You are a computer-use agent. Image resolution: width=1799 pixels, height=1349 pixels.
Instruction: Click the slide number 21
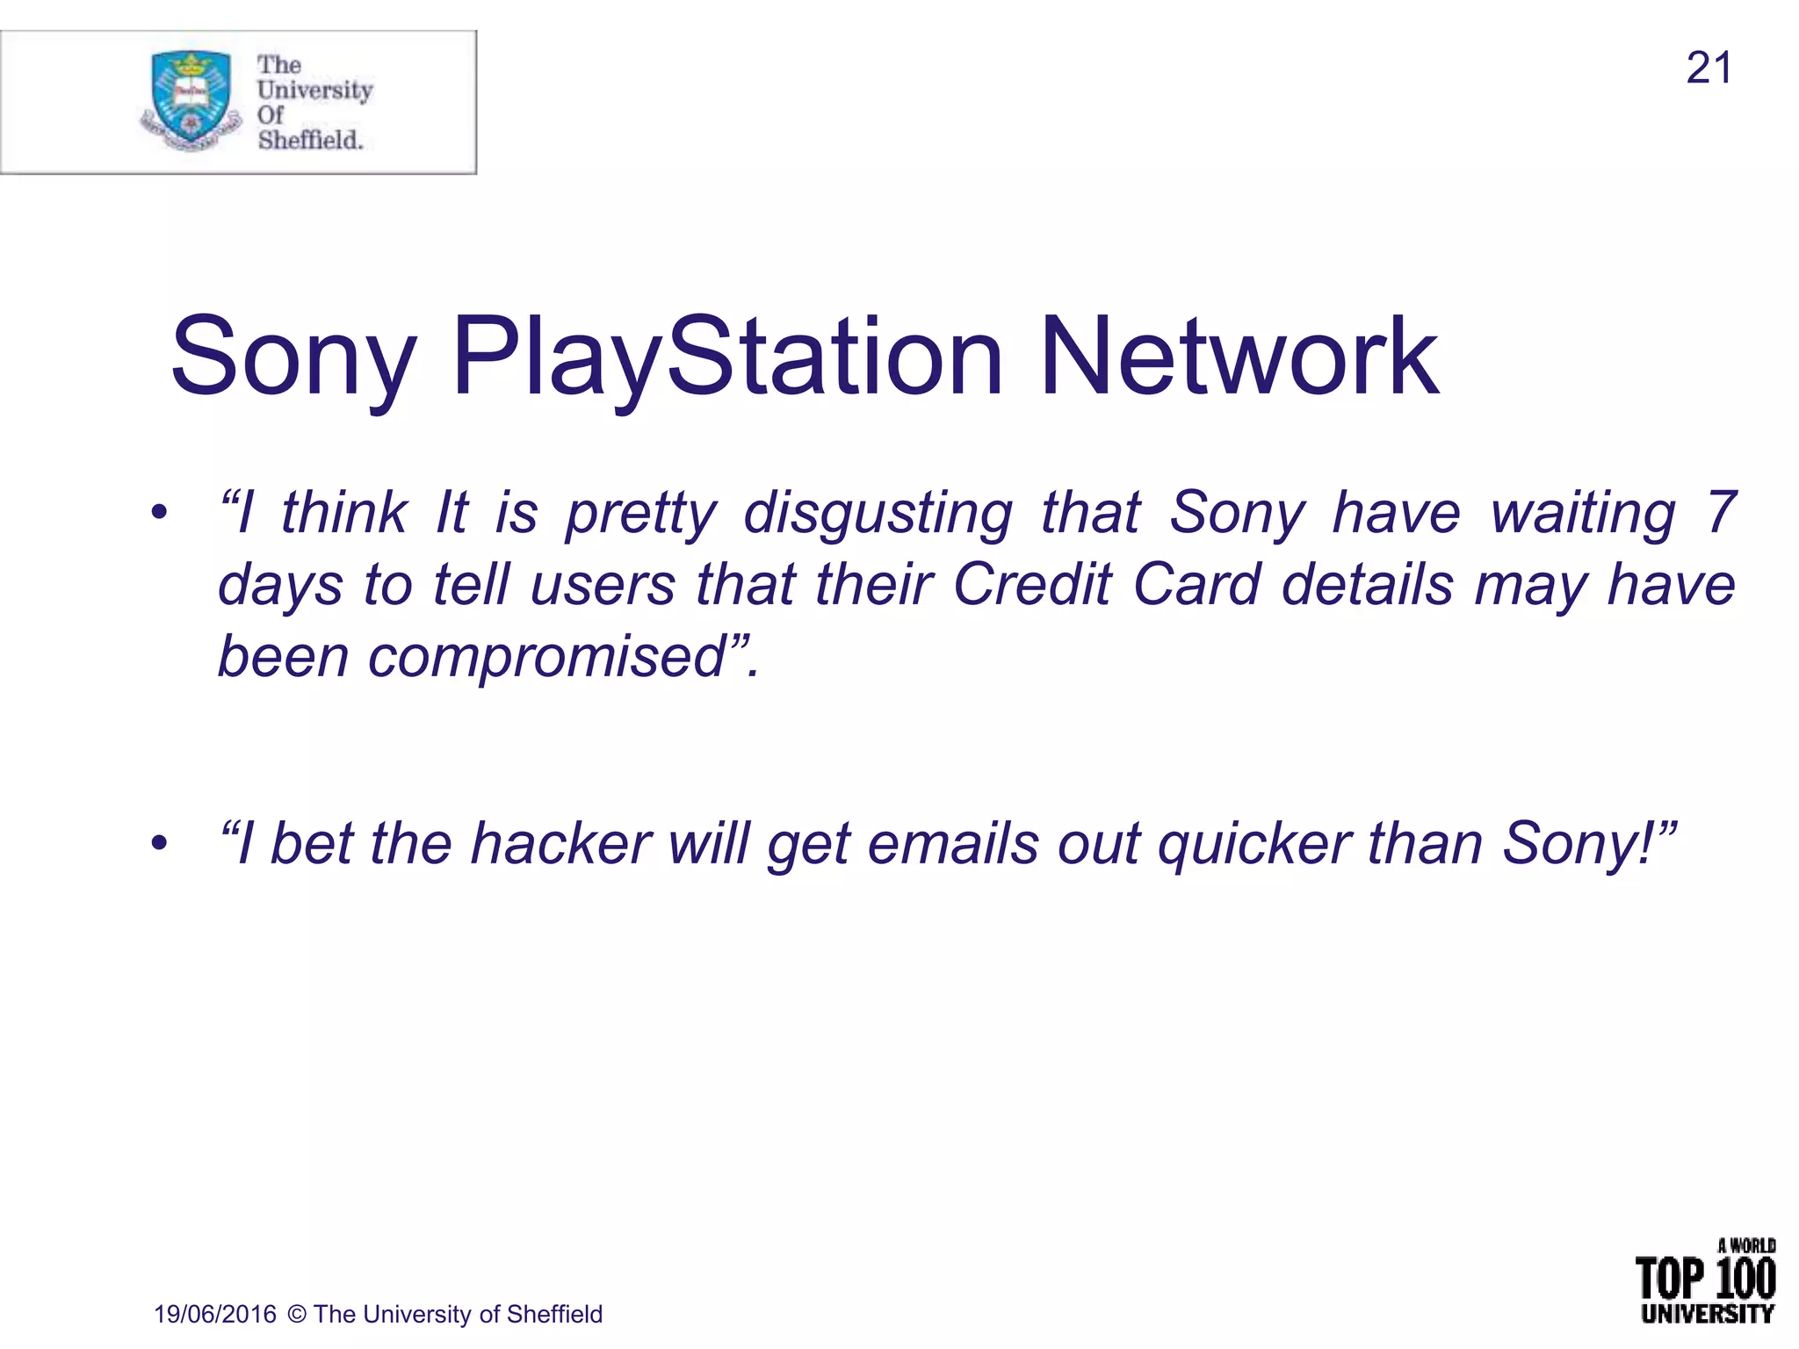(x=1709, y=69)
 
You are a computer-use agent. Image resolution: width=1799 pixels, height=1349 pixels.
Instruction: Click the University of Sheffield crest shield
(x=191, y=98)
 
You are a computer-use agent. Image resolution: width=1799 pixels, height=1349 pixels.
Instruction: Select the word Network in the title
(x=1239, y=358)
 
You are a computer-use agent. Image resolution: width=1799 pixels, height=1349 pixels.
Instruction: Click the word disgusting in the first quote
(x=878, y=513)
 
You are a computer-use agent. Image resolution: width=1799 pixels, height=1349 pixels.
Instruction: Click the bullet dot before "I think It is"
(x=158, y=513)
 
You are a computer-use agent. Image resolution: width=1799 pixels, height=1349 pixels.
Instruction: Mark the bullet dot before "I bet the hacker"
(x=158, y=844)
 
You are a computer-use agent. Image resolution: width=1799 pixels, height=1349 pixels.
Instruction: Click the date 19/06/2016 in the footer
(x=215, y=1314)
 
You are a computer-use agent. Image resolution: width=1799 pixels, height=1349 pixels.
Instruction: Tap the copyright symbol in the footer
(x=297, y=1314)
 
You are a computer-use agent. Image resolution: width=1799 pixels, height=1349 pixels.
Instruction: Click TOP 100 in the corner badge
(x=1705, y=1279)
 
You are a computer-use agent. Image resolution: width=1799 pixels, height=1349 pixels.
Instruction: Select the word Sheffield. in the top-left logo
(x=310, y=140)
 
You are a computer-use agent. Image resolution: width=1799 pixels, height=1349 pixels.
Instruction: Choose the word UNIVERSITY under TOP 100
(x=1707, y=1314)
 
